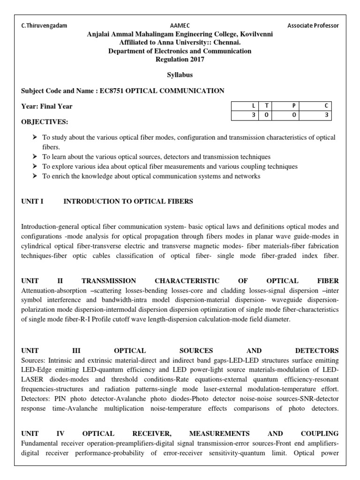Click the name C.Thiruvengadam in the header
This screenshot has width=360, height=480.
point(44,26)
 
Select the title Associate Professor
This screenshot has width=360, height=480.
point(313,26)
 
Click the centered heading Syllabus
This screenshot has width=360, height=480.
point(180,75)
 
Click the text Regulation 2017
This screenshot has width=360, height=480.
point(180,59)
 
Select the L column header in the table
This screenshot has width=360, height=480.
point(246,106)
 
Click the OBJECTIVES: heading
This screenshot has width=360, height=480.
point(45,122)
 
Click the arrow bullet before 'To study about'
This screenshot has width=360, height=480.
point(35,137)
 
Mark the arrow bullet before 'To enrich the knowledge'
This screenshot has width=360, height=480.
point(35,176)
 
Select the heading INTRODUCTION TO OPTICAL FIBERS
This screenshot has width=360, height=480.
point(128,201)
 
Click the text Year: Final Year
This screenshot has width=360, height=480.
point(47,106)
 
